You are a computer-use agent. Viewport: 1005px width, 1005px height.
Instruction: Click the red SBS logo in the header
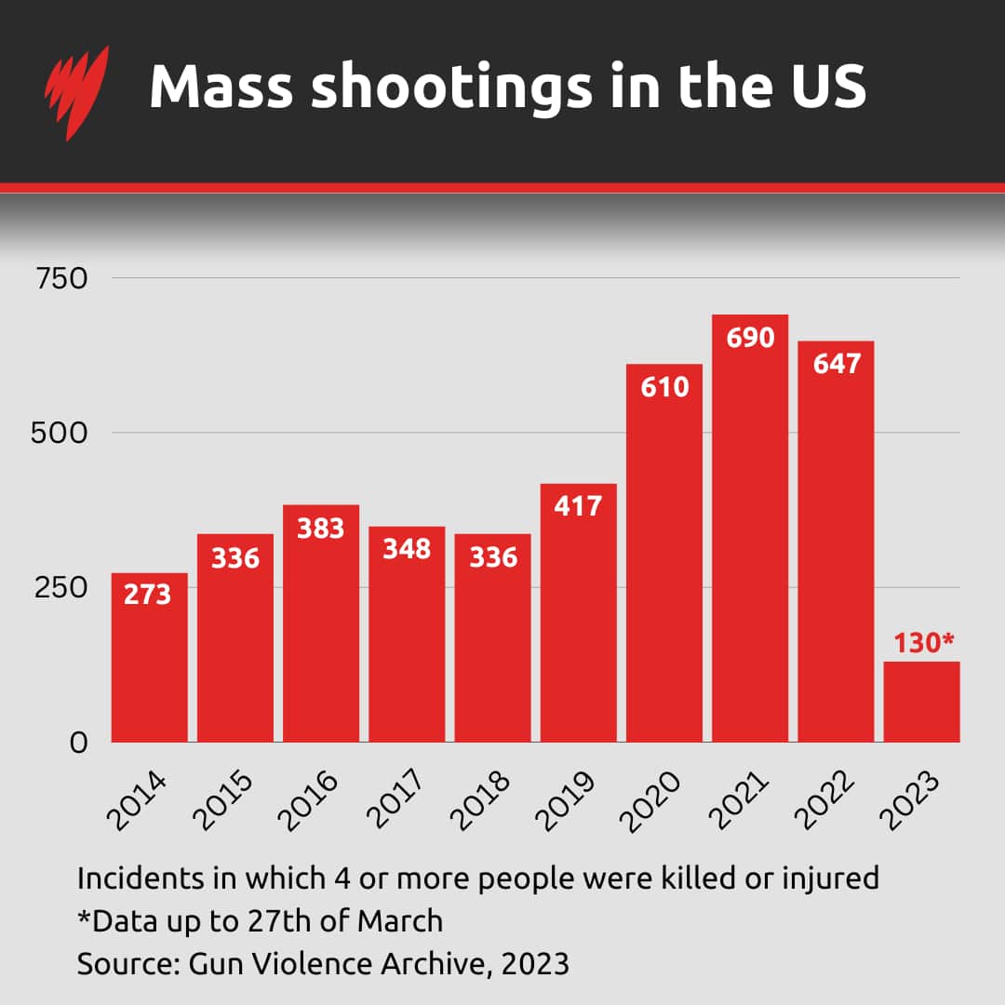(x=76, y=91)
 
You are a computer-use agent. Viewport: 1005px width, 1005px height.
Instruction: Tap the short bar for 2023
(x=921, y=702)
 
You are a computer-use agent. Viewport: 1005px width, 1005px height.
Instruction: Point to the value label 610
(x=664, y=386)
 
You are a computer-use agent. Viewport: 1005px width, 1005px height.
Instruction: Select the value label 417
(x=579, y=506)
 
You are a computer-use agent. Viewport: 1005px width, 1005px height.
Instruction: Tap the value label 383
(x=321, y=528)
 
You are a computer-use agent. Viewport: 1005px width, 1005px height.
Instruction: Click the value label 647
(x=836, y=363)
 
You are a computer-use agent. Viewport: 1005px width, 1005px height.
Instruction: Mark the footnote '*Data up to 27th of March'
(x=260, y=920)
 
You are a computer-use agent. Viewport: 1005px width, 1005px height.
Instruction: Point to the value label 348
(x=407, y=549)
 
